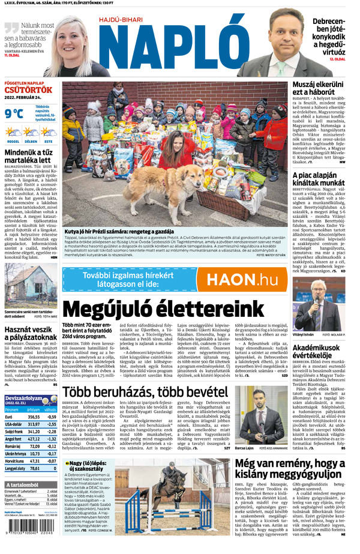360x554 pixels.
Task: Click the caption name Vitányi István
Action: click(x=304, y=334)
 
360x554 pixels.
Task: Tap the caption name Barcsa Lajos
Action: click(x=245, y=448)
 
